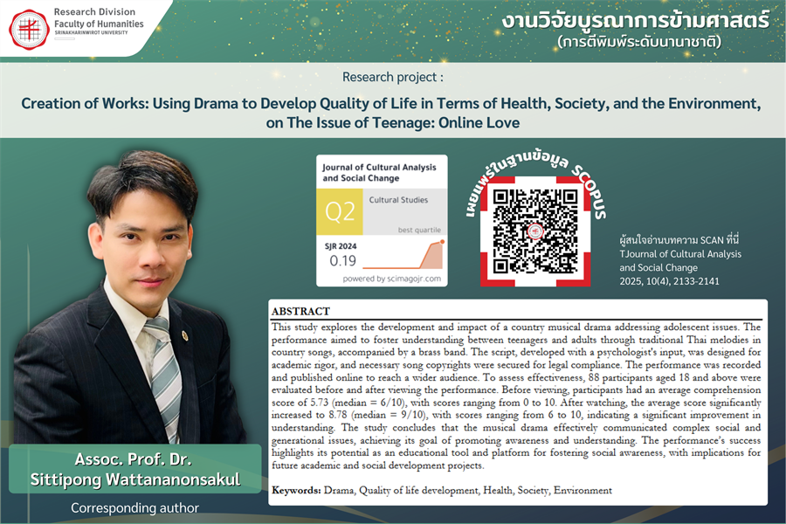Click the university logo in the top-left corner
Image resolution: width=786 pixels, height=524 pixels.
[x=29, y=29]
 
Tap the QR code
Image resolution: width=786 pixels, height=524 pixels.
[x=529, y=229]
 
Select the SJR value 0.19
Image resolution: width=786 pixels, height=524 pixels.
[x=343, y=259]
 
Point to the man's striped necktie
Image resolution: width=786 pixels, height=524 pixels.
[x=163, y=367]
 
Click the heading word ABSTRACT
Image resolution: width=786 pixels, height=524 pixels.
[x=300, y=312]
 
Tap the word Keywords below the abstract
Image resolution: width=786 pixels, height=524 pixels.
[x=296, y=490]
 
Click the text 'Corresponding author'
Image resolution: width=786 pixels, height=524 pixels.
[x=135, y=507]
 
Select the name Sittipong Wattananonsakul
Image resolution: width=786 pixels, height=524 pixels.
[x=135, y=479]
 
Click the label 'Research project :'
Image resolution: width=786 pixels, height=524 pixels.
[x=392, y=77]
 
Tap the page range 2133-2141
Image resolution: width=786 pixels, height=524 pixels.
[x=707, y=281]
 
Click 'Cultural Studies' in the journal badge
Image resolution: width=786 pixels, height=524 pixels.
[x=398, y=200]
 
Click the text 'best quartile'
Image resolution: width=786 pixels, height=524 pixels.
[x=419, y=229]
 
